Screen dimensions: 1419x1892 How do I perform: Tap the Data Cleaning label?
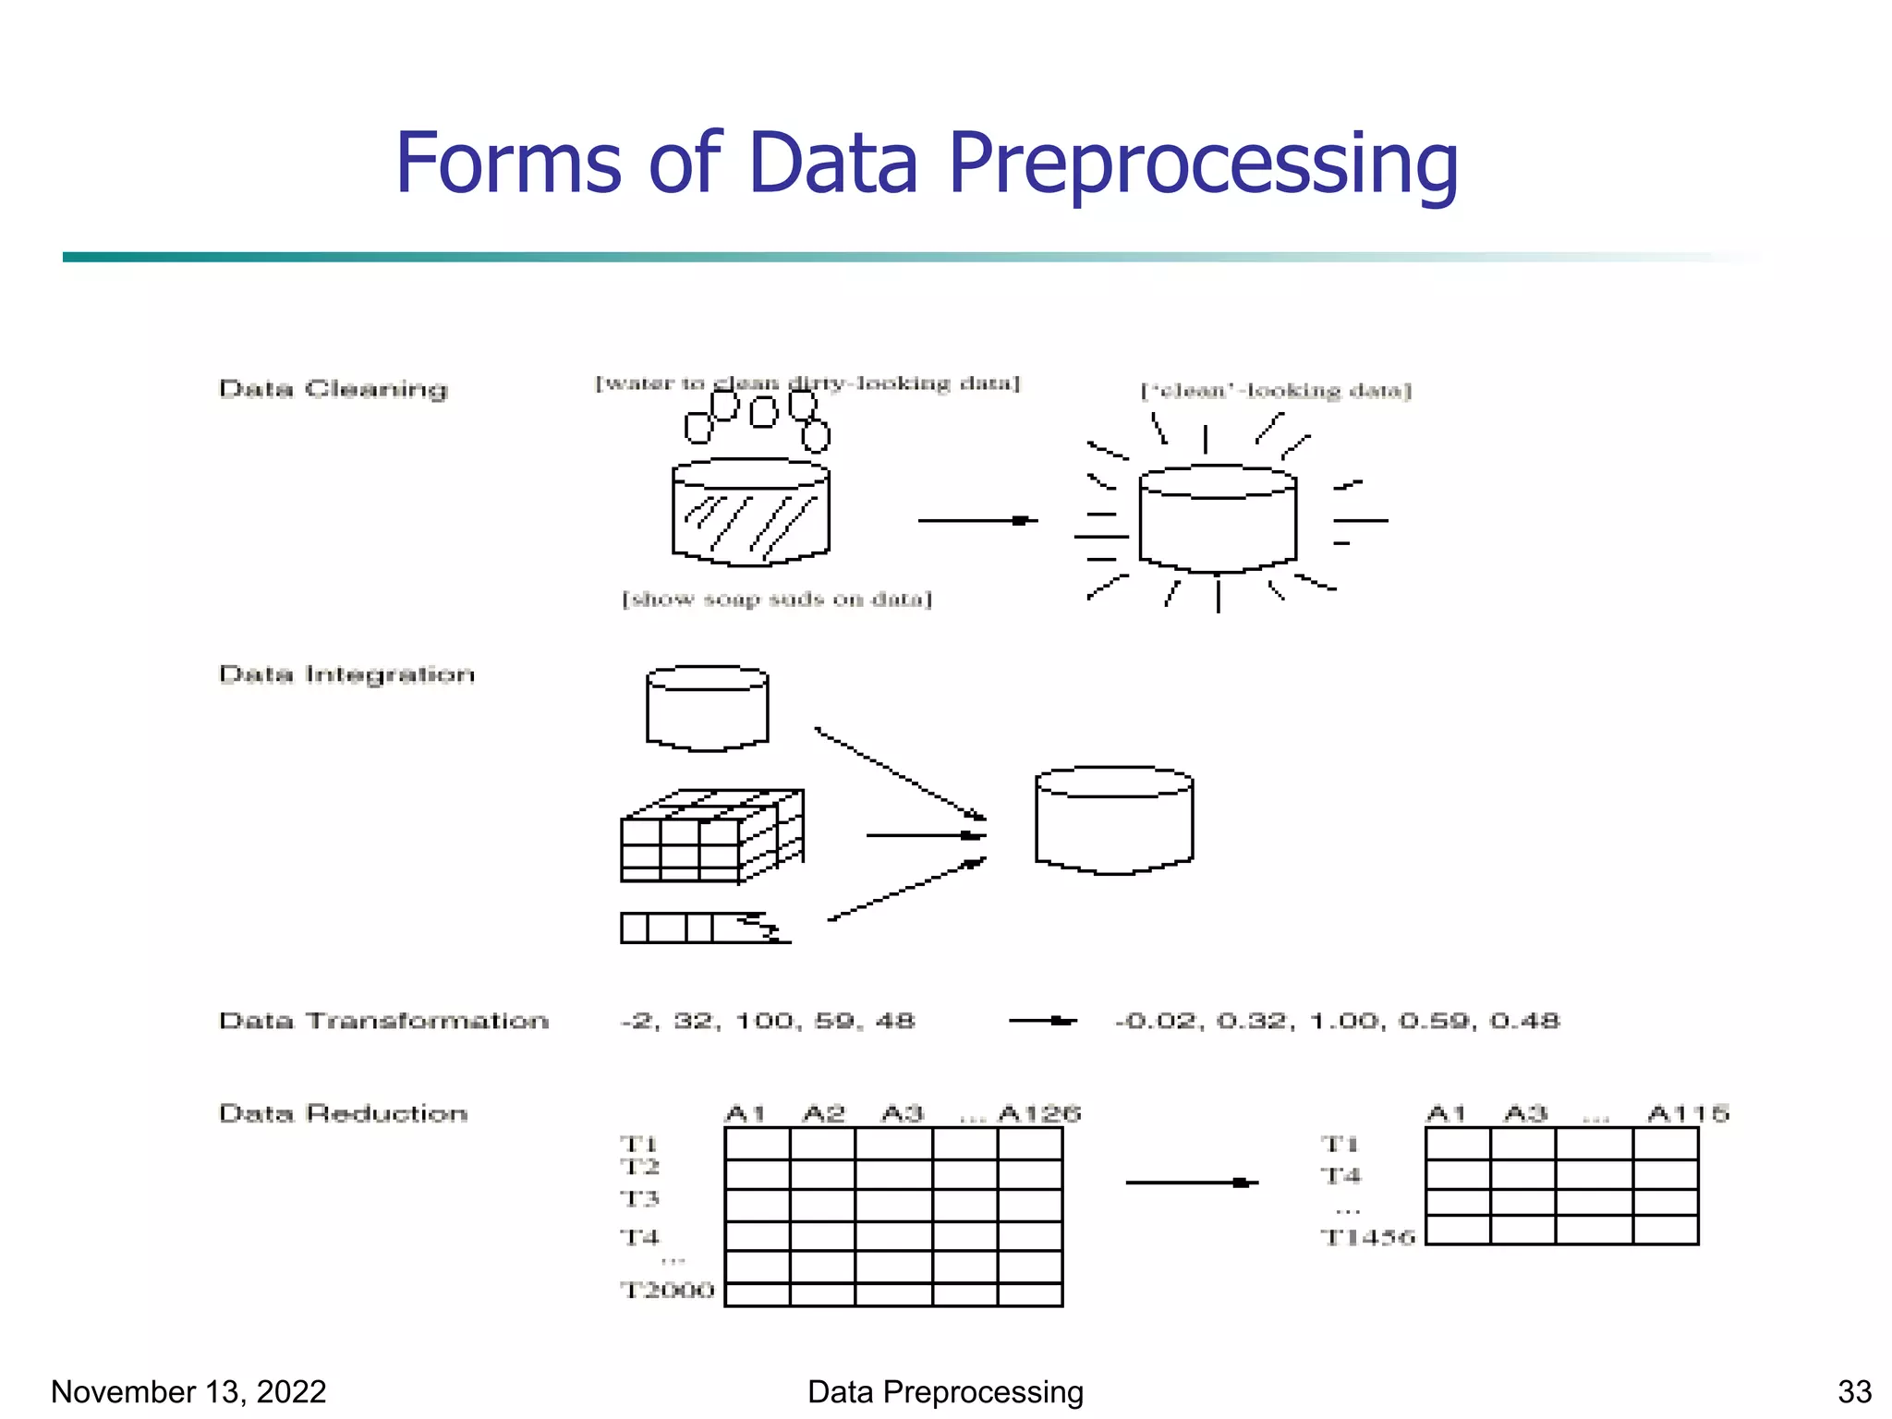click(x=333, y=389)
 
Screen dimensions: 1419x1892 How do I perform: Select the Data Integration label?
click(x=346, y=674)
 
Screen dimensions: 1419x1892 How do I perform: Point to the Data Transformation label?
click(x=383, y=1021)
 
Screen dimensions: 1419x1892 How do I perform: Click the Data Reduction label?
click(x=343, y=1113)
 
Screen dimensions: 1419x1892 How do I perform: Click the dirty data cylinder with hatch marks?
click(x=750, y=513)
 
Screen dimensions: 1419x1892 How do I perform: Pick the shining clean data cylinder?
click(x=1218, y=519)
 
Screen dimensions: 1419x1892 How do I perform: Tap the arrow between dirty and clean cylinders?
click(x=976, y=521)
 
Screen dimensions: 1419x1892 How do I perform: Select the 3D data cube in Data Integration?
click(x=711, y=835)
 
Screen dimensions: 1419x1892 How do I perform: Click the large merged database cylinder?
click(x=1114, y=820)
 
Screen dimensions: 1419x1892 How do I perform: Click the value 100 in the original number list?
click(x=764, y=1021)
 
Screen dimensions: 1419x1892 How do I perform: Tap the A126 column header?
click(x=1039, y=1113)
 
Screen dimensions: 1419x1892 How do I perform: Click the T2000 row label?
click(x=667, y=1290)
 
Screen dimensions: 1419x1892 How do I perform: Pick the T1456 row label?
click(x=1367, y=1237)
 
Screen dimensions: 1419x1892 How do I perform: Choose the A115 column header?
click(x=1688, y=1113)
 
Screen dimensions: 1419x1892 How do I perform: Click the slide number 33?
click(x=1854, y=1391)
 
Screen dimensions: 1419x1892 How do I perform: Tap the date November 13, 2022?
click(x=188, y=1391)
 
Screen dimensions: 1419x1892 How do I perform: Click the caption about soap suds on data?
click(x=777, y=600)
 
